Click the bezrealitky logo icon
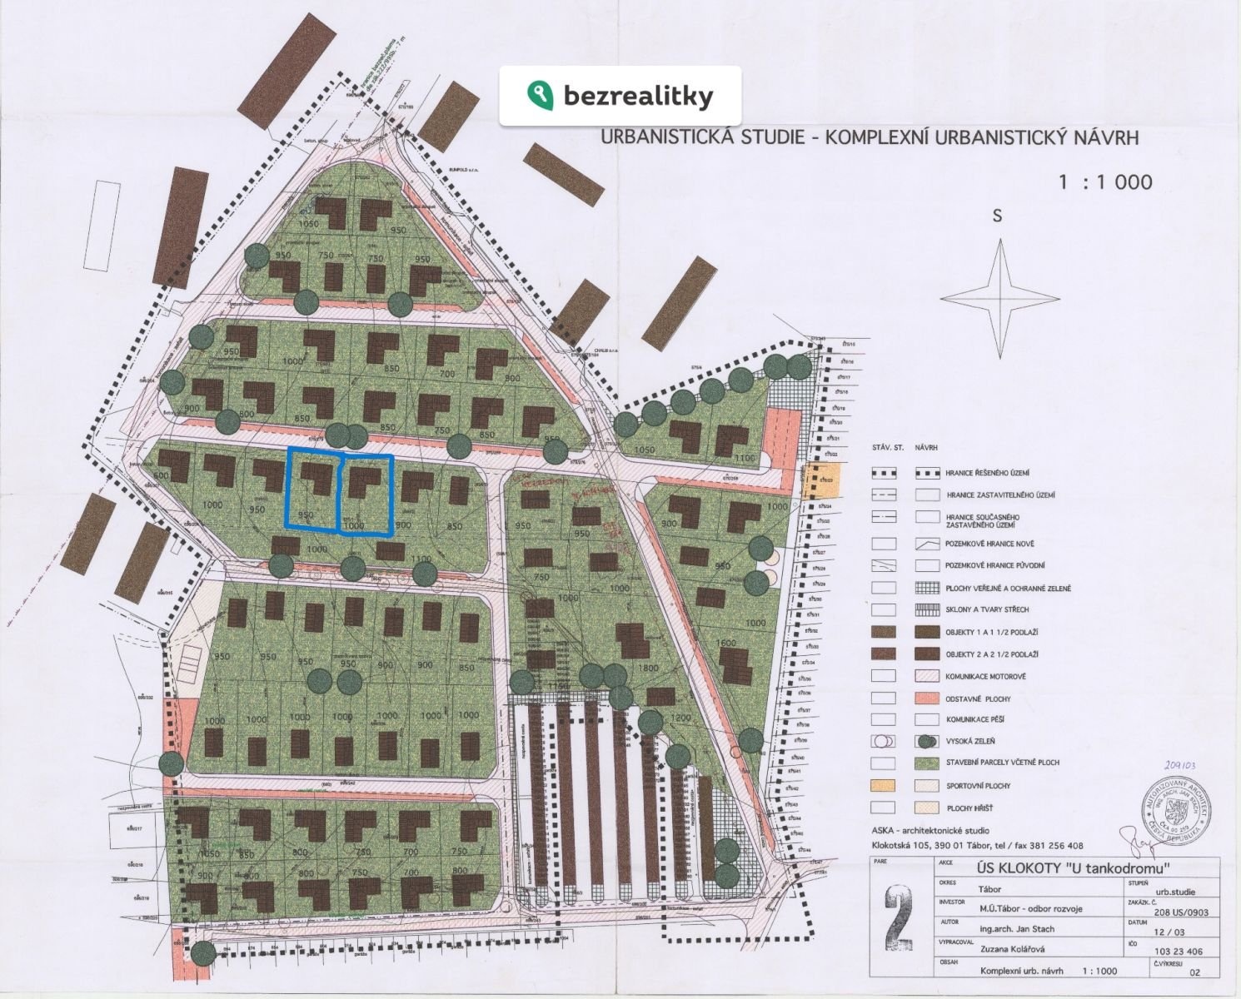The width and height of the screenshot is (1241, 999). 540,95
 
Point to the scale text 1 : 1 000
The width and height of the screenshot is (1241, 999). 1105,182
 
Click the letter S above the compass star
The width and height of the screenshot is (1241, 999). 997,216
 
